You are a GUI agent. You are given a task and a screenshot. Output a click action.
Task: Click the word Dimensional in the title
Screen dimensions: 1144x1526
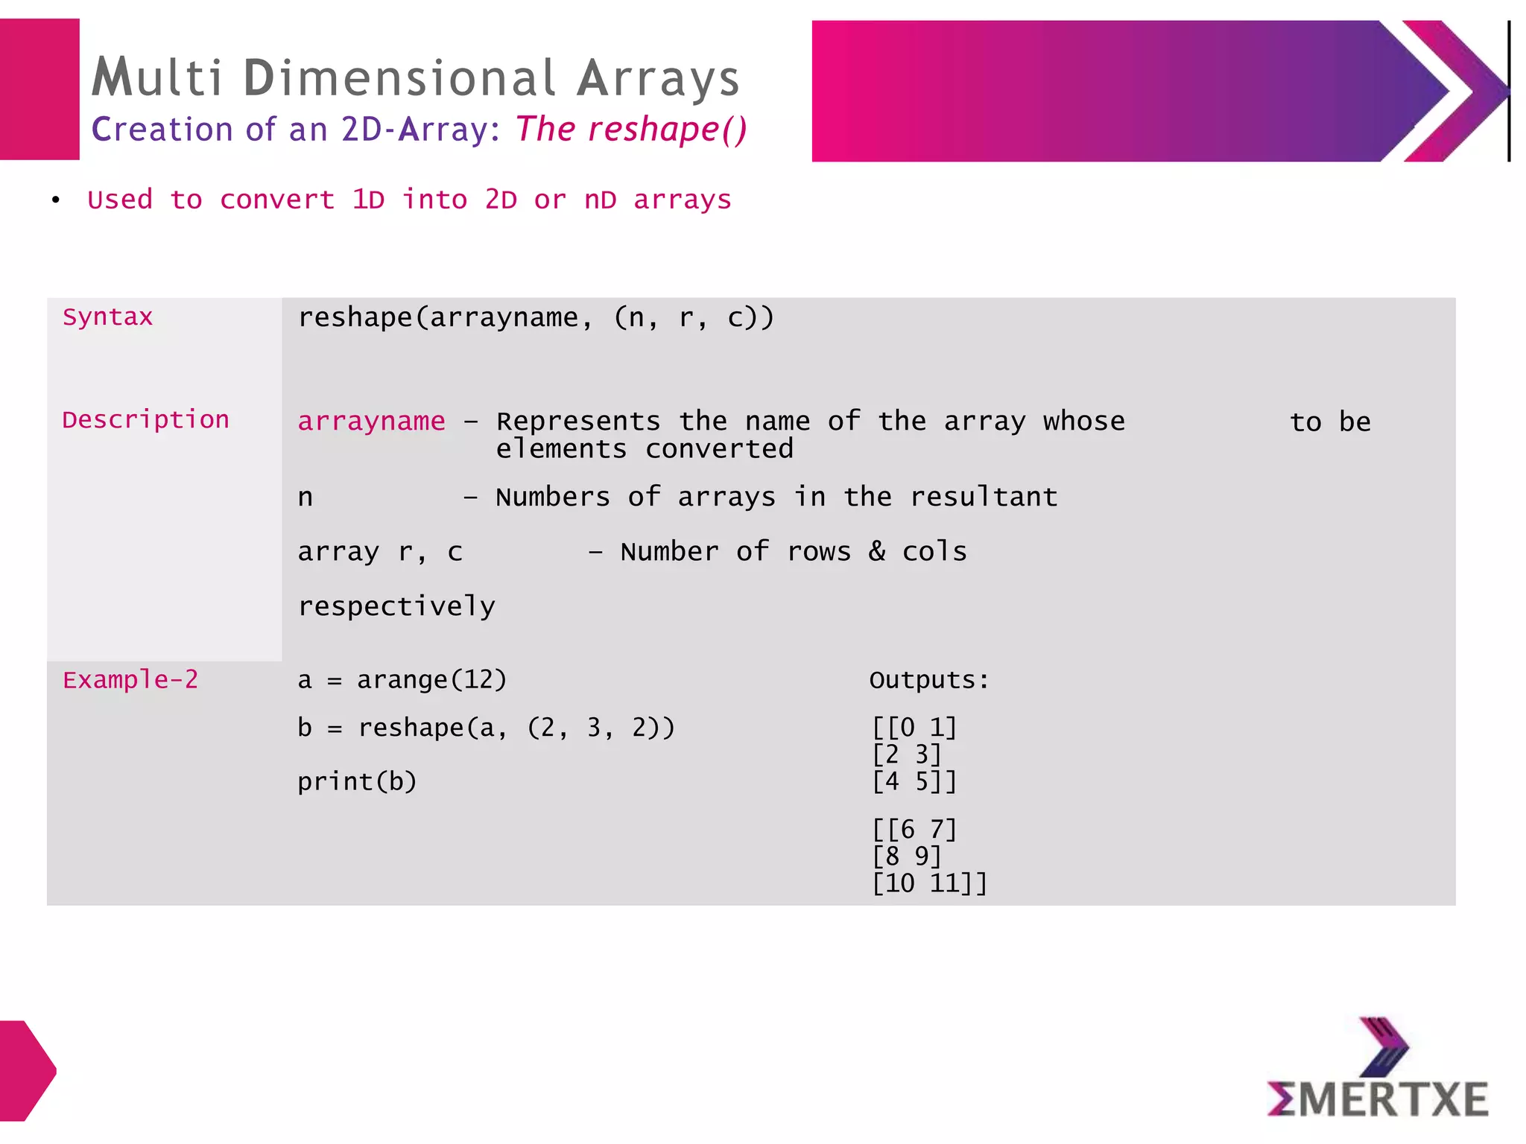399,78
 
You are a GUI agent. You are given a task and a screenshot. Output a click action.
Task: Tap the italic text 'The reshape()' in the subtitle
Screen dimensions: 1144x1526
630,129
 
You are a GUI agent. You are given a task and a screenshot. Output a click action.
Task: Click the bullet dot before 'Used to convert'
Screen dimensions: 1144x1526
56,200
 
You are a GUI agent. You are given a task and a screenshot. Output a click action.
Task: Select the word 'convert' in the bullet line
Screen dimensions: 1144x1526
277,200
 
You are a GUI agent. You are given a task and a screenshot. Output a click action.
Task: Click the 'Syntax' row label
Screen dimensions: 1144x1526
107,317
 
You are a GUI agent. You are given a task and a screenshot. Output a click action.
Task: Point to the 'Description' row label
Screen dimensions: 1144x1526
145,420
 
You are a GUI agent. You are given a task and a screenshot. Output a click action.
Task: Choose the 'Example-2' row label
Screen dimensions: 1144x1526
130,680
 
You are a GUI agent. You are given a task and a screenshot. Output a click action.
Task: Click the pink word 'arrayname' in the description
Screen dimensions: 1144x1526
371,422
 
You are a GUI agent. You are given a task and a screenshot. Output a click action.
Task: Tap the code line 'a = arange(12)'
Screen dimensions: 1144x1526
402,680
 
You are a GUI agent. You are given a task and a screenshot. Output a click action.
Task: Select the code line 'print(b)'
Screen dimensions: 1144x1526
357,781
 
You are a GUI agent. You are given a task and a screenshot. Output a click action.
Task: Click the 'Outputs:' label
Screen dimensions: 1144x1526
929,680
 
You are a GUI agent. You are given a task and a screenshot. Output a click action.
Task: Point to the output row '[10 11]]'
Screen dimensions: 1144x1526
929,883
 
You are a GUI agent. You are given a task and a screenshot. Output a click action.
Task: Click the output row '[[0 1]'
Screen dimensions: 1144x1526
914,727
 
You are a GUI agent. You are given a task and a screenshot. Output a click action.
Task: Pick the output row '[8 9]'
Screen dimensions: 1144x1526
907,857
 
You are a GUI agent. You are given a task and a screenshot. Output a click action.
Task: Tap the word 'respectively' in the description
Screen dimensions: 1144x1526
396,606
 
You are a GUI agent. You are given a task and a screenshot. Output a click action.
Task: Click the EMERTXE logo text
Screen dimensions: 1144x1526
1378,1100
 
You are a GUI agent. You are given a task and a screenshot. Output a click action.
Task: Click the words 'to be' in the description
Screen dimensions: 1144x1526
1330,422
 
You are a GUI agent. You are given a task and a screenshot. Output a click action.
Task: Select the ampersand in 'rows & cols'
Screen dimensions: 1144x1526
877,551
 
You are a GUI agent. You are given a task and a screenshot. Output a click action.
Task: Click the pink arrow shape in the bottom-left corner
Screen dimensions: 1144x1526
27,1070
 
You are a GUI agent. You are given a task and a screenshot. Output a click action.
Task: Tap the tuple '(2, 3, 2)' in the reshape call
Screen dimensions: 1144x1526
601,728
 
